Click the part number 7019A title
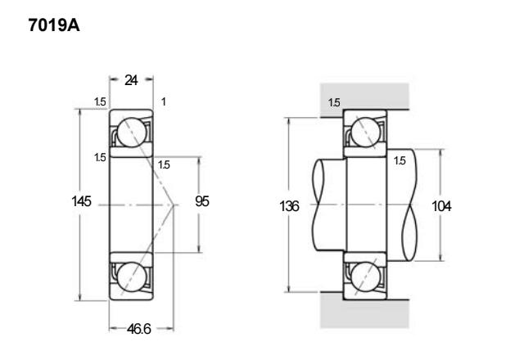(x=54, y=25)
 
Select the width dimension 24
(x=131, y=80)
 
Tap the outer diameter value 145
(x=81, y=201)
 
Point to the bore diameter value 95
(x=202, y=201)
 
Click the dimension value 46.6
(x=138, y=329)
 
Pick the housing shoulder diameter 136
(x=289, y=206)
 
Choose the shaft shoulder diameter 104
(x=441, y=206)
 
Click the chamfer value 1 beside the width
(x=164, y=101)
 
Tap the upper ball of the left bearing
(x=132, y=133)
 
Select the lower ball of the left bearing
(x=132, y=277)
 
